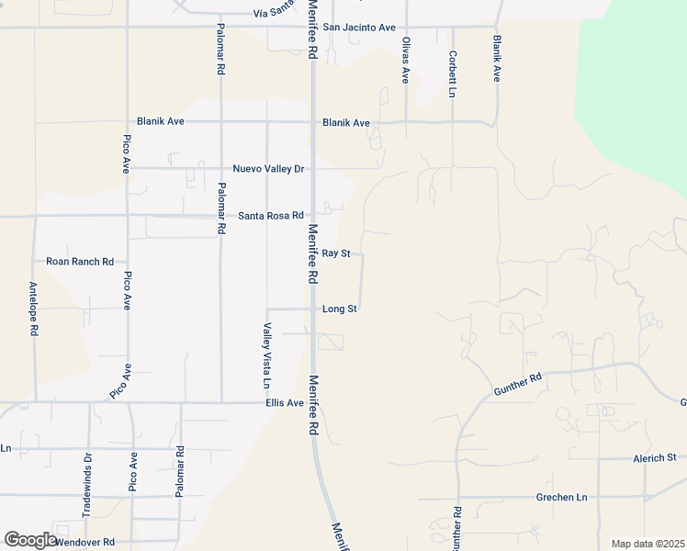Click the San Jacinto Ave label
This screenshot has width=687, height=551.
359,28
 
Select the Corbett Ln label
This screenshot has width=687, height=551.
453,73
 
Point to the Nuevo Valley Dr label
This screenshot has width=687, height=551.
268,169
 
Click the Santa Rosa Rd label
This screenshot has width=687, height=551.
271,216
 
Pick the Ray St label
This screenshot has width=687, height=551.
336,253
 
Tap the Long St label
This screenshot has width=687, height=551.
340,309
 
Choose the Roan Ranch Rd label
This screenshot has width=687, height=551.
80,262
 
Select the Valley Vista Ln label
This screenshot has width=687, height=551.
267,354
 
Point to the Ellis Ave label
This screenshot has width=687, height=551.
285,403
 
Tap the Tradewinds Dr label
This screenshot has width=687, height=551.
87,484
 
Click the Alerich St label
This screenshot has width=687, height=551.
654,457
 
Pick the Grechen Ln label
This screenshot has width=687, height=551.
561,498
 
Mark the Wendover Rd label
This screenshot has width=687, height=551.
84,543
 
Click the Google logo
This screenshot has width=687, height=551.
31,540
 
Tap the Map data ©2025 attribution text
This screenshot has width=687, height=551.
648,544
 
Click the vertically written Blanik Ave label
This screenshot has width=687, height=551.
497,59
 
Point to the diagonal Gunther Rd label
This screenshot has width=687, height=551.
518,383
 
